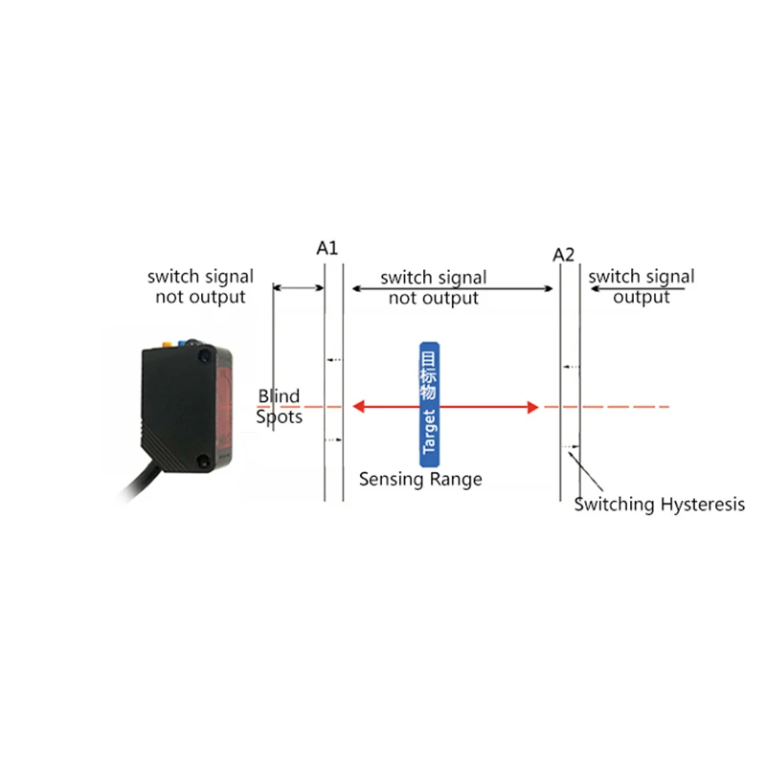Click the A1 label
327,248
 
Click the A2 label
564,255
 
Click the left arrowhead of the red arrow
360,407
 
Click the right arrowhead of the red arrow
531,407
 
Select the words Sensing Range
420,479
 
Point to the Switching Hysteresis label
659,505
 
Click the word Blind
279,396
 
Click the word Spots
279,417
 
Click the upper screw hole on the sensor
204,356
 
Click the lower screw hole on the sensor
204,462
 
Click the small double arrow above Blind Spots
299,286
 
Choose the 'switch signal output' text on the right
642,286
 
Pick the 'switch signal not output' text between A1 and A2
433,287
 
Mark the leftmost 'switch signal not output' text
200,286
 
